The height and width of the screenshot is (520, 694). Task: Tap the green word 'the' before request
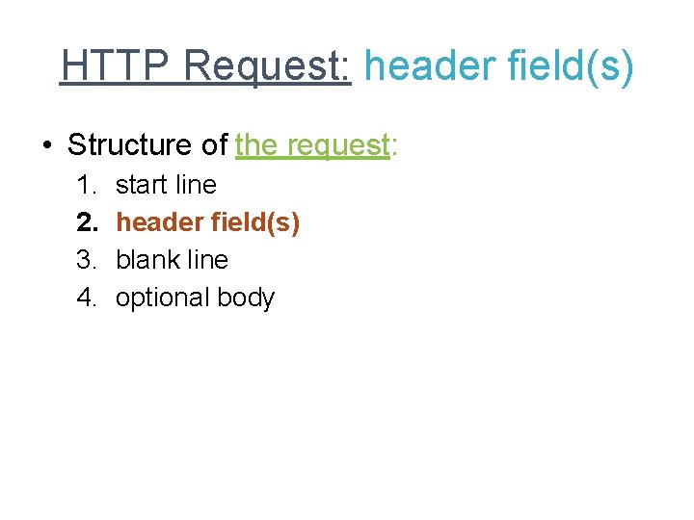click(x=255, y=145)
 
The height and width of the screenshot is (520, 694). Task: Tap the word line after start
click(x=197, y=184)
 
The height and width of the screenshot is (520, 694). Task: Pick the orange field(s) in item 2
click(x=254, y=222)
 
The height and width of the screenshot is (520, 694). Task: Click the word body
click(x=246, y=298)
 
